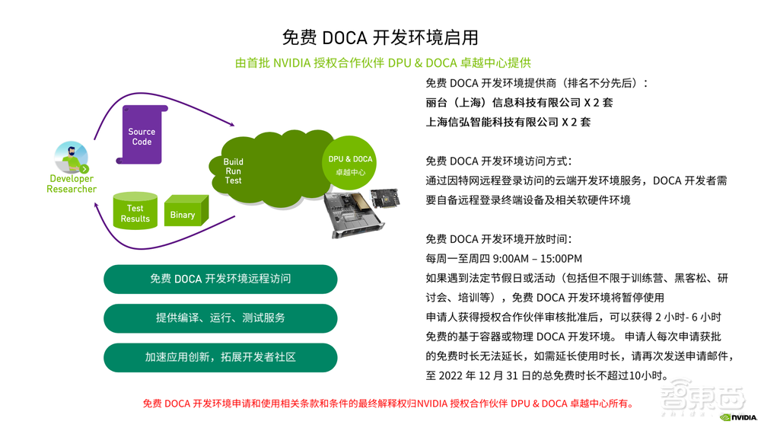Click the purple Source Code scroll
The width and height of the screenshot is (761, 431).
tap(142, 136)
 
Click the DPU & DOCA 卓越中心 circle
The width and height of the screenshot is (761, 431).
tap(350, 161)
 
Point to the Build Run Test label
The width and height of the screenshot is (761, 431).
tap(234, 171)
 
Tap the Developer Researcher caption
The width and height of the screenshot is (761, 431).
tap(72, 184)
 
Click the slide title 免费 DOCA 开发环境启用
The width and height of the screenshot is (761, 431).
tap(380, 37)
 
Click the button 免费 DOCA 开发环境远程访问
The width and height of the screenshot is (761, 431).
tap(220, 279)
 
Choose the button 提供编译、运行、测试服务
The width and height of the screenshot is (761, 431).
tap(220, 318)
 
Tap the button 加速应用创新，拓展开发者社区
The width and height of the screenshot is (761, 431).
tap(220, 357)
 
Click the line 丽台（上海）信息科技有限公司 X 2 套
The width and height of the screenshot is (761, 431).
tap(519, 102)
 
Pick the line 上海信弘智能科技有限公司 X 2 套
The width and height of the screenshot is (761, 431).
tap(508, 122)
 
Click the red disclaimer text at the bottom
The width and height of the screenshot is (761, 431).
tap(387, 404)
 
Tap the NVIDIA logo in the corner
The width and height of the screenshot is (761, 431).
tap(737, 417)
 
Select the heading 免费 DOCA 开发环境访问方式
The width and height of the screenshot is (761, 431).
tap(498, 161)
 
